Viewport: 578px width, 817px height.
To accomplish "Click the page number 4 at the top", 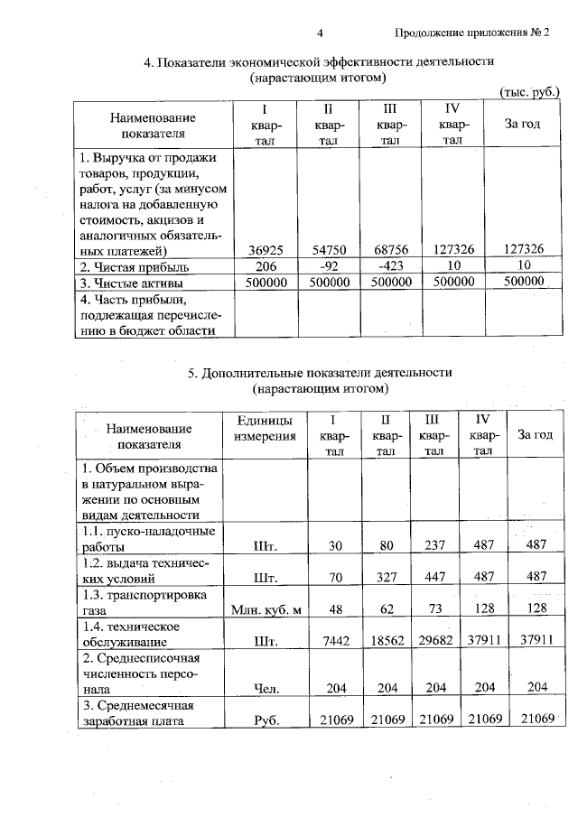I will coord(320,33).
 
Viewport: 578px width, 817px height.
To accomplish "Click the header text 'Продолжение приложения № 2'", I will coord(472,33).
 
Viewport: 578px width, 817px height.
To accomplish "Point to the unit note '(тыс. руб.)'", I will coord(530,92).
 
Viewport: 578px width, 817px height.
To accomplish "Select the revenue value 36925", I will coord(265,249).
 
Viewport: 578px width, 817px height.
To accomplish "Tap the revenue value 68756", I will coord(389,249).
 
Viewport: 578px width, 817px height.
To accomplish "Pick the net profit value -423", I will coord(389,266).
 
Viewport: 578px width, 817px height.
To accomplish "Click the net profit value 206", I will coord(265,266).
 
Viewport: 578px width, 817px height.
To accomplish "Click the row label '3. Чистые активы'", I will coord(130,283).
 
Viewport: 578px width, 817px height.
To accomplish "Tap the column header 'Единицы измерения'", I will coord(265,429).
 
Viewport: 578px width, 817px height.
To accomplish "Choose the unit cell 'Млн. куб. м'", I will coord(265,609).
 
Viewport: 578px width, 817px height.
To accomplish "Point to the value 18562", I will coord(384,642).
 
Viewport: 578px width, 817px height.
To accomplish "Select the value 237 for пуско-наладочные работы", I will coord(434,545).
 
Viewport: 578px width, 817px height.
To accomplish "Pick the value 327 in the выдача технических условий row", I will coord(384,578).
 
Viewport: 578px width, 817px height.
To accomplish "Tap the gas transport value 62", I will coord(384,609).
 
